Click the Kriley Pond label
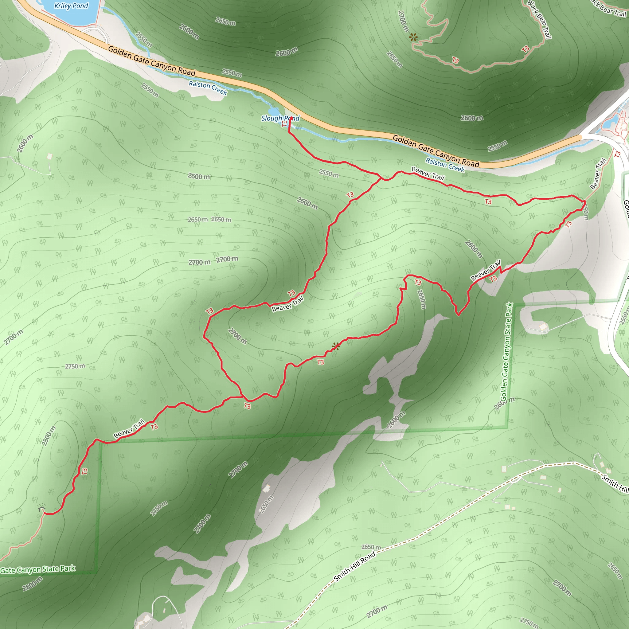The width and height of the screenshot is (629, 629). click(x=71, y=6)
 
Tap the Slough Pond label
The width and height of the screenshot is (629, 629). click(x=280, y=118)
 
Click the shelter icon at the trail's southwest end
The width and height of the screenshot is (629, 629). click(x=41, y=508)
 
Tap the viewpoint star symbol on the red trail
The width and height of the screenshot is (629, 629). click(x=336, y=346)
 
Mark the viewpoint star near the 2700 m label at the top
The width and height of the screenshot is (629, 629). click(x=413, y=37)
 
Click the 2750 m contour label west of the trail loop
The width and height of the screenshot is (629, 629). click(x=75, y=366)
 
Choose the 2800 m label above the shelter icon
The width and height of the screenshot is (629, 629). click(x=49, y=436)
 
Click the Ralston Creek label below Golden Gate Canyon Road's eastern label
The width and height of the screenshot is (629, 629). click(x=445, y=165)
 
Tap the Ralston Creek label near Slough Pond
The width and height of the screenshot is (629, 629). click(x=208, y=88)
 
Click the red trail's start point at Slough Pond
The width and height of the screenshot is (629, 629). click(x=291, y=118)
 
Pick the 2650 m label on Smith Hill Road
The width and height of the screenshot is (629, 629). click(x=371, y=547)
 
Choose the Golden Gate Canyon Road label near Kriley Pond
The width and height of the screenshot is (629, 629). click(x=152, y=61)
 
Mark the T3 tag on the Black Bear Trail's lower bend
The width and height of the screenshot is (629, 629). click(x=455, y=60)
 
